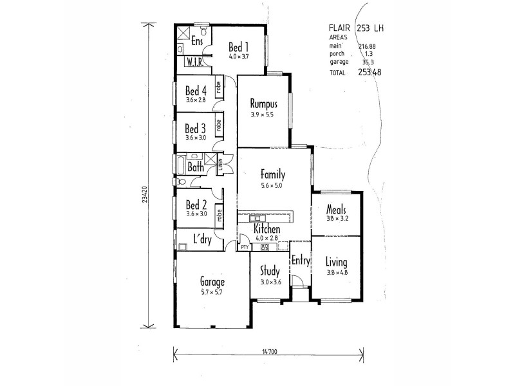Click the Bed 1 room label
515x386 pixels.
click(238, 47)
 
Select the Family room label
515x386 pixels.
click(273, 174)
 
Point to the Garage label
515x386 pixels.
click(212, 282)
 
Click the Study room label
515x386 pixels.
click(269, 271)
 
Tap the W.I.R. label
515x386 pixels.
click(196, 62)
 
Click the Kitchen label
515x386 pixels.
click(267, 230)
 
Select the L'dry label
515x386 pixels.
click(203, 239)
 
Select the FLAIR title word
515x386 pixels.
click(340, 28)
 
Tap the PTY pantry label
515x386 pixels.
click(245, 246)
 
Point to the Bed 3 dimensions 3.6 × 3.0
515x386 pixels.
click(195, 138)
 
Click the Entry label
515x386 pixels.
click(300, 261)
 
